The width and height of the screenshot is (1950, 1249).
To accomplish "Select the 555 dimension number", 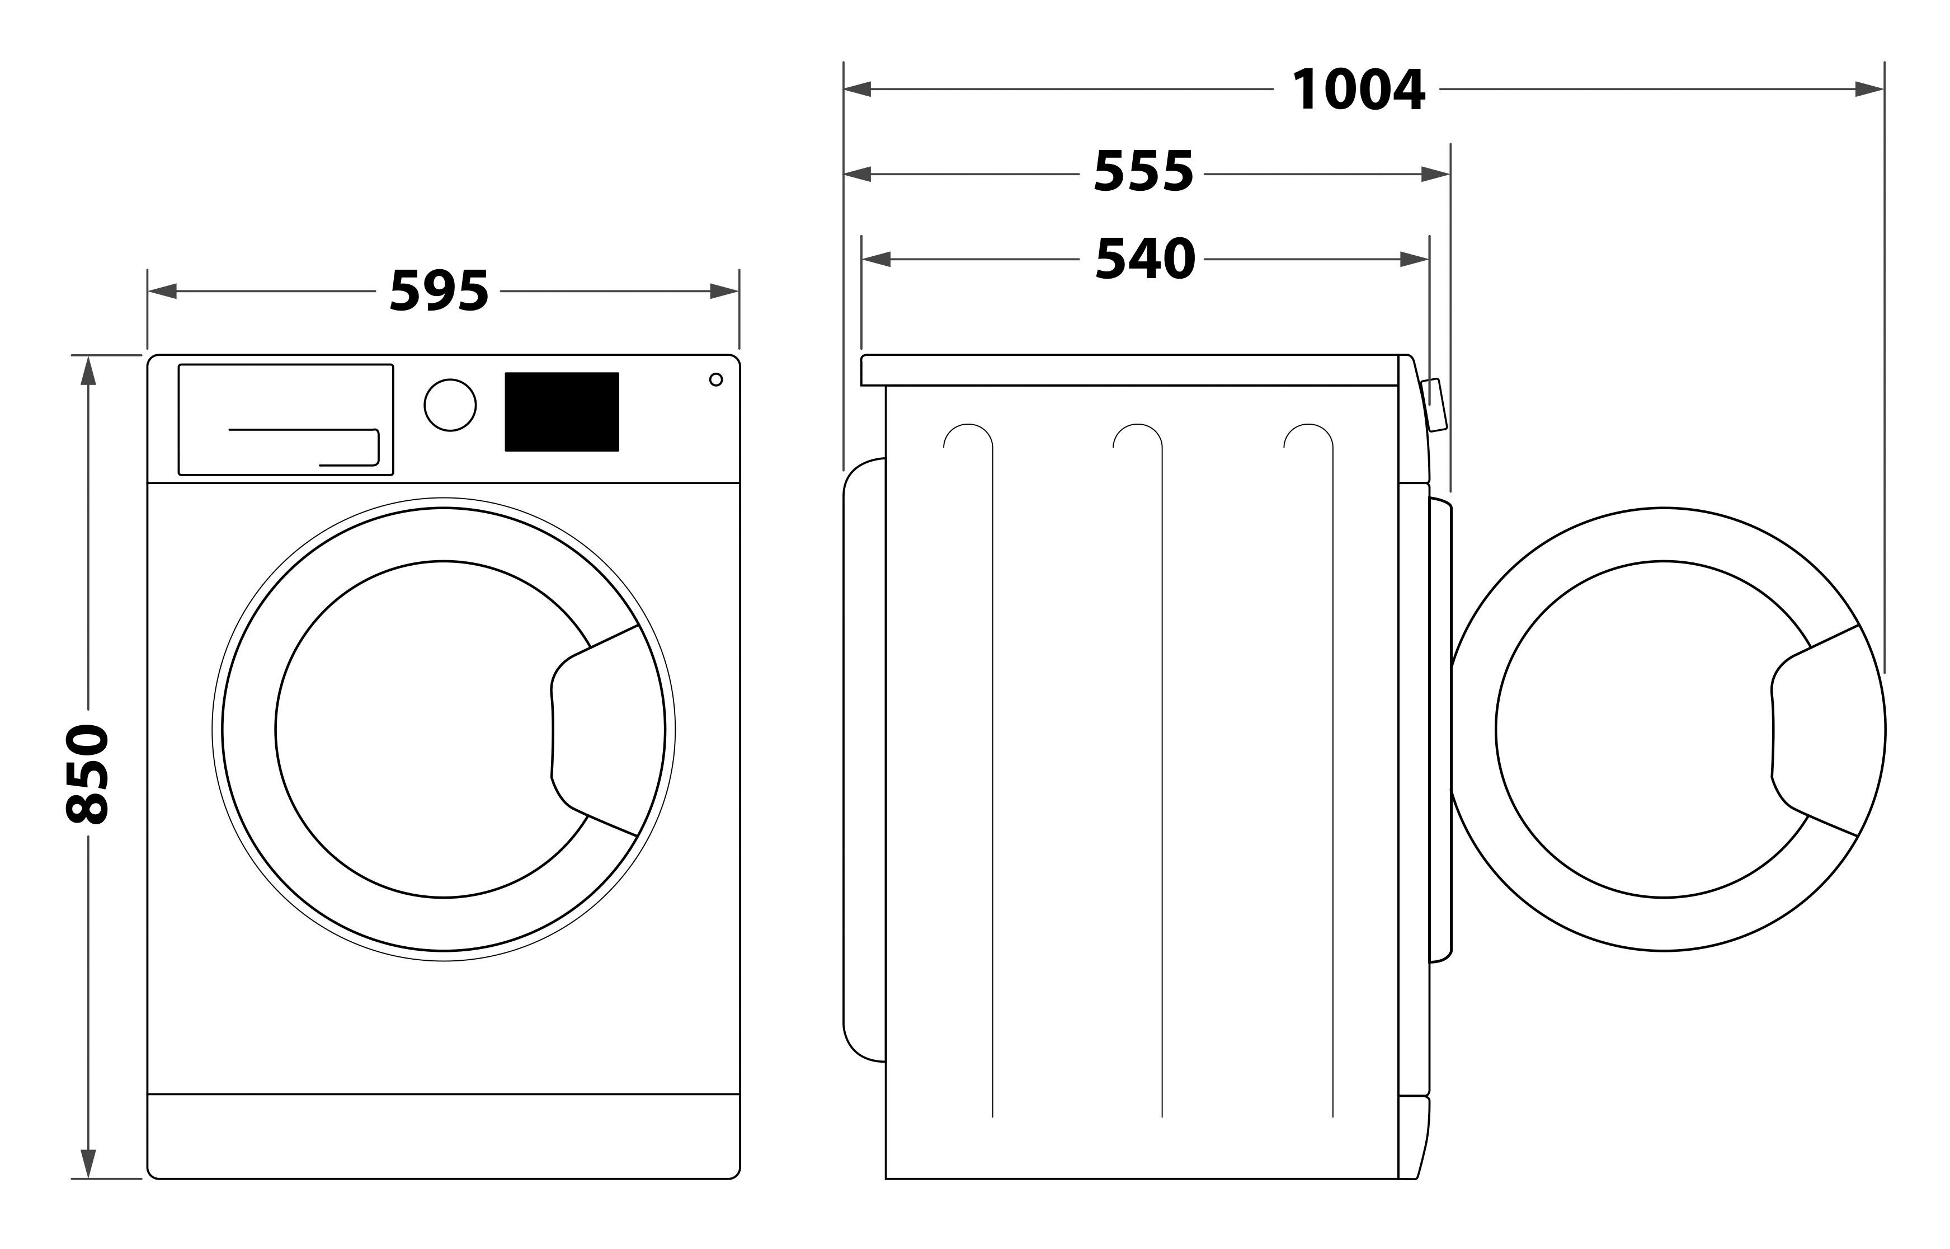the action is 1143,172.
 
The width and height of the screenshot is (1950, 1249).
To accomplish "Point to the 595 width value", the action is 439,290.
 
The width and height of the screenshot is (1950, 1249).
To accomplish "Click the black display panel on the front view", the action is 562,412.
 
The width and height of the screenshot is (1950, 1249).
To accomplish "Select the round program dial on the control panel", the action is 450,405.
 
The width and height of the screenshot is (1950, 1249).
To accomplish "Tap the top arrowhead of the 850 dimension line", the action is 88,370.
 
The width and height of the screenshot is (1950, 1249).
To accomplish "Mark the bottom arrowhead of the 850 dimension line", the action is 88,1164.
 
